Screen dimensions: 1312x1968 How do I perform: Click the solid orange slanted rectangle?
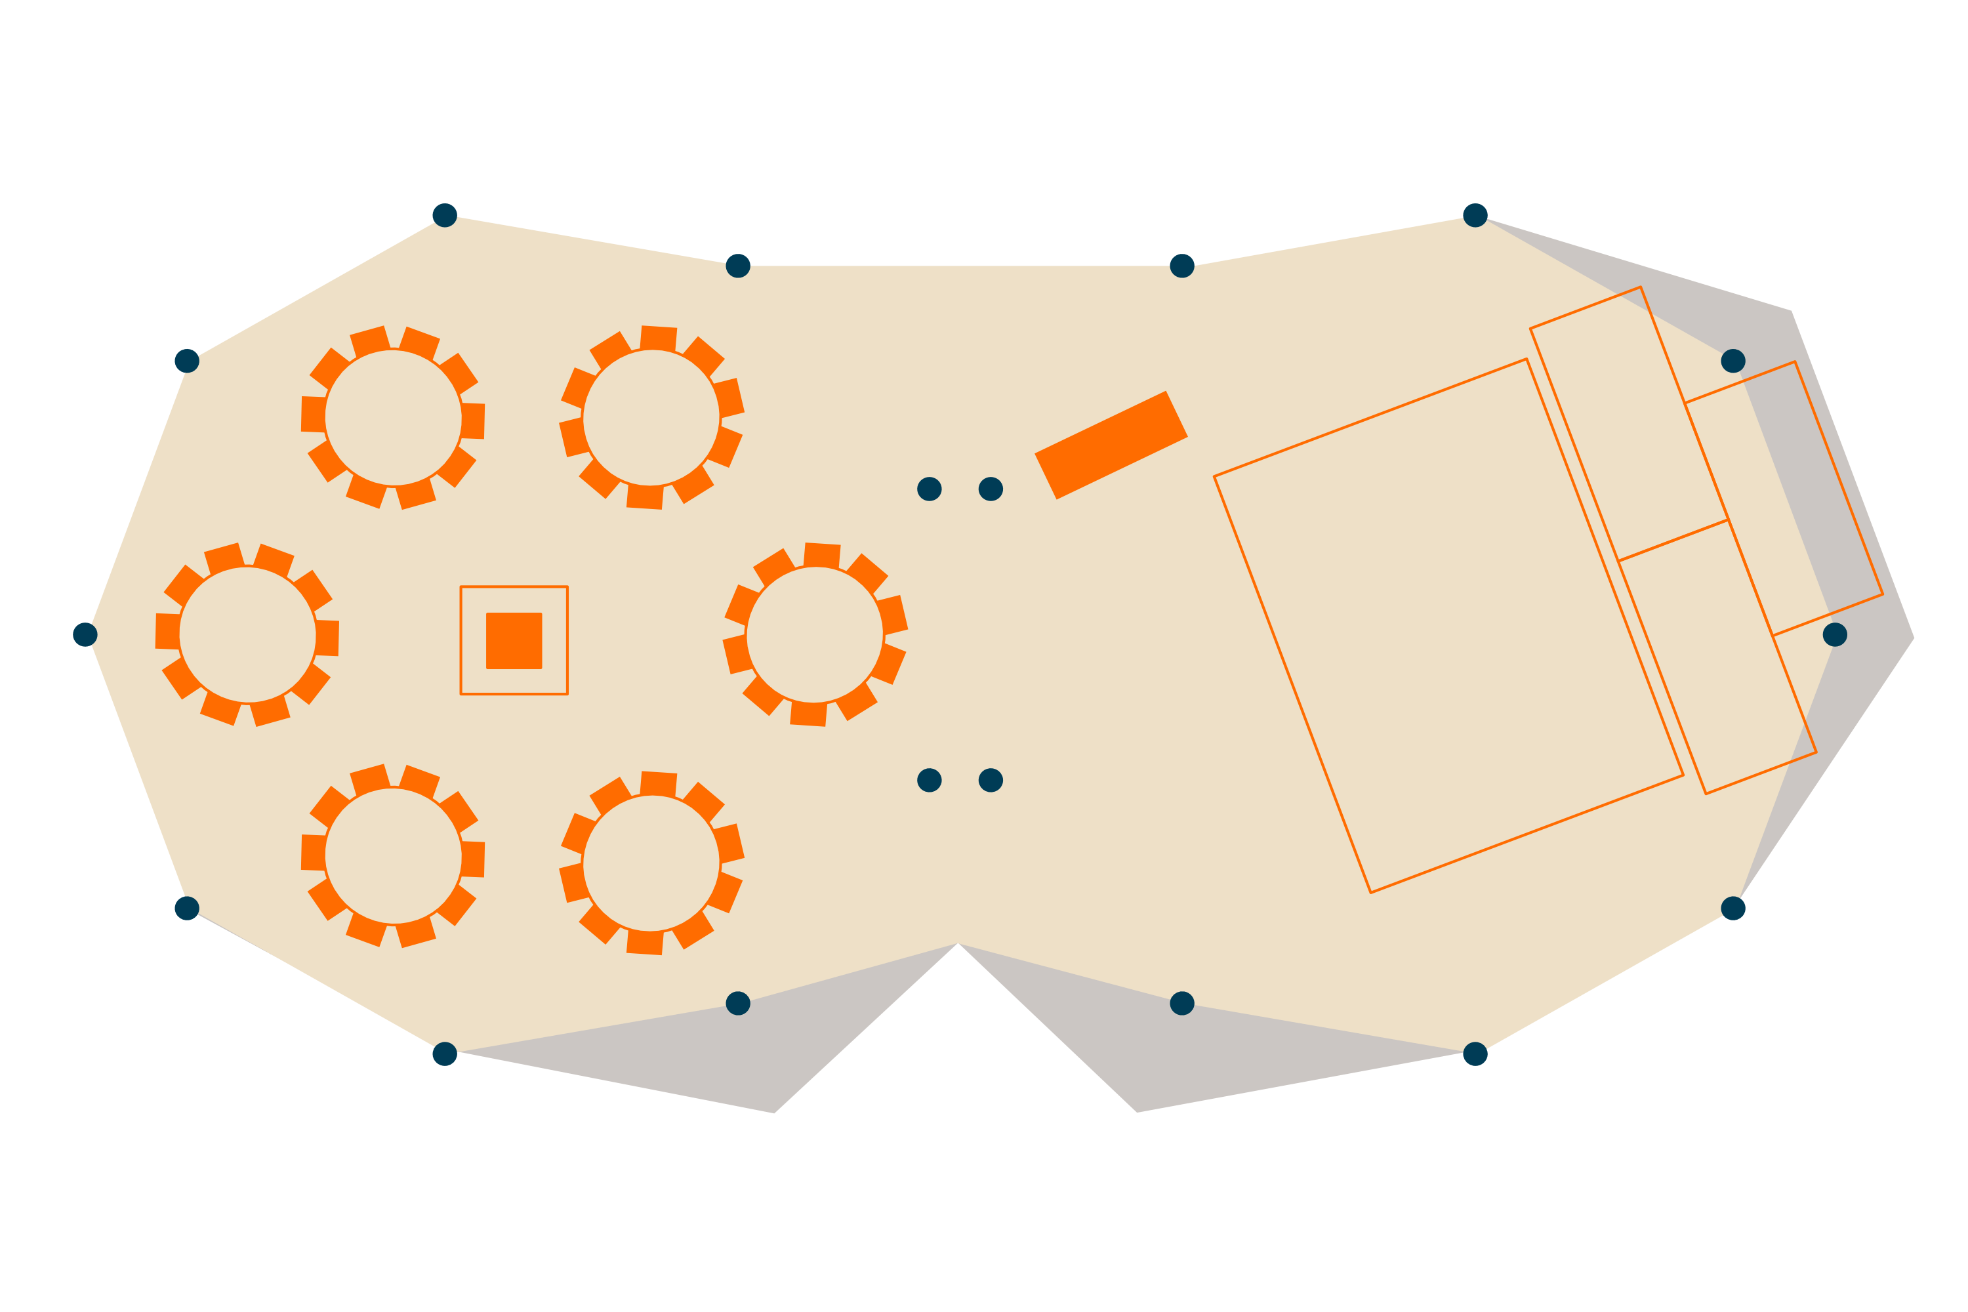click(x=1111, y=445)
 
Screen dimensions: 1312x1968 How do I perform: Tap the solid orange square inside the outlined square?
click(x=514, y=640)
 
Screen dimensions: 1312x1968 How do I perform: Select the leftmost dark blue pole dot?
click(x=85, y=634)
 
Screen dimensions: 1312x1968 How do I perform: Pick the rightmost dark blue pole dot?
click(x=1834, y=634)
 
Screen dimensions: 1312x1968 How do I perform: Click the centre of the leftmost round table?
click(x=248, y=635)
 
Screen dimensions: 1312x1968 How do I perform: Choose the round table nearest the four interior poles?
click(x=815, y=635)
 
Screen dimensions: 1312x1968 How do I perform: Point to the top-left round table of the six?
click(x=393, y=417)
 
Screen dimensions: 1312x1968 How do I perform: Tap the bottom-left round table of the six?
click(x=393, y=856)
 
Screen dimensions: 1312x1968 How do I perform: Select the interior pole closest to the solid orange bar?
click(x=991, y=489)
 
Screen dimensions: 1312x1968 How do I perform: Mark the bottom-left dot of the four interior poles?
click(x=929, y=780)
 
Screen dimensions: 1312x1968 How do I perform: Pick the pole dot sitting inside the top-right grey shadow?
click(x=1733, y=361)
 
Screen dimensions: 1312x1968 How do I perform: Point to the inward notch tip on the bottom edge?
click(x=958, y=945)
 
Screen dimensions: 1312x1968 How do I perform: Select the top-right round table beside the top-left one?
click(x=651, y=417)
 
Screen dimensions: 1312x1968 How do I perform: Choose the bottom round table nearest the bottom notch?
click(x=651, y=863)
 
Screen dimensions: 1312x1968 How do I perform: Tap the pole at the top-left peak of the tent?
click(x=444, y=215)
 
